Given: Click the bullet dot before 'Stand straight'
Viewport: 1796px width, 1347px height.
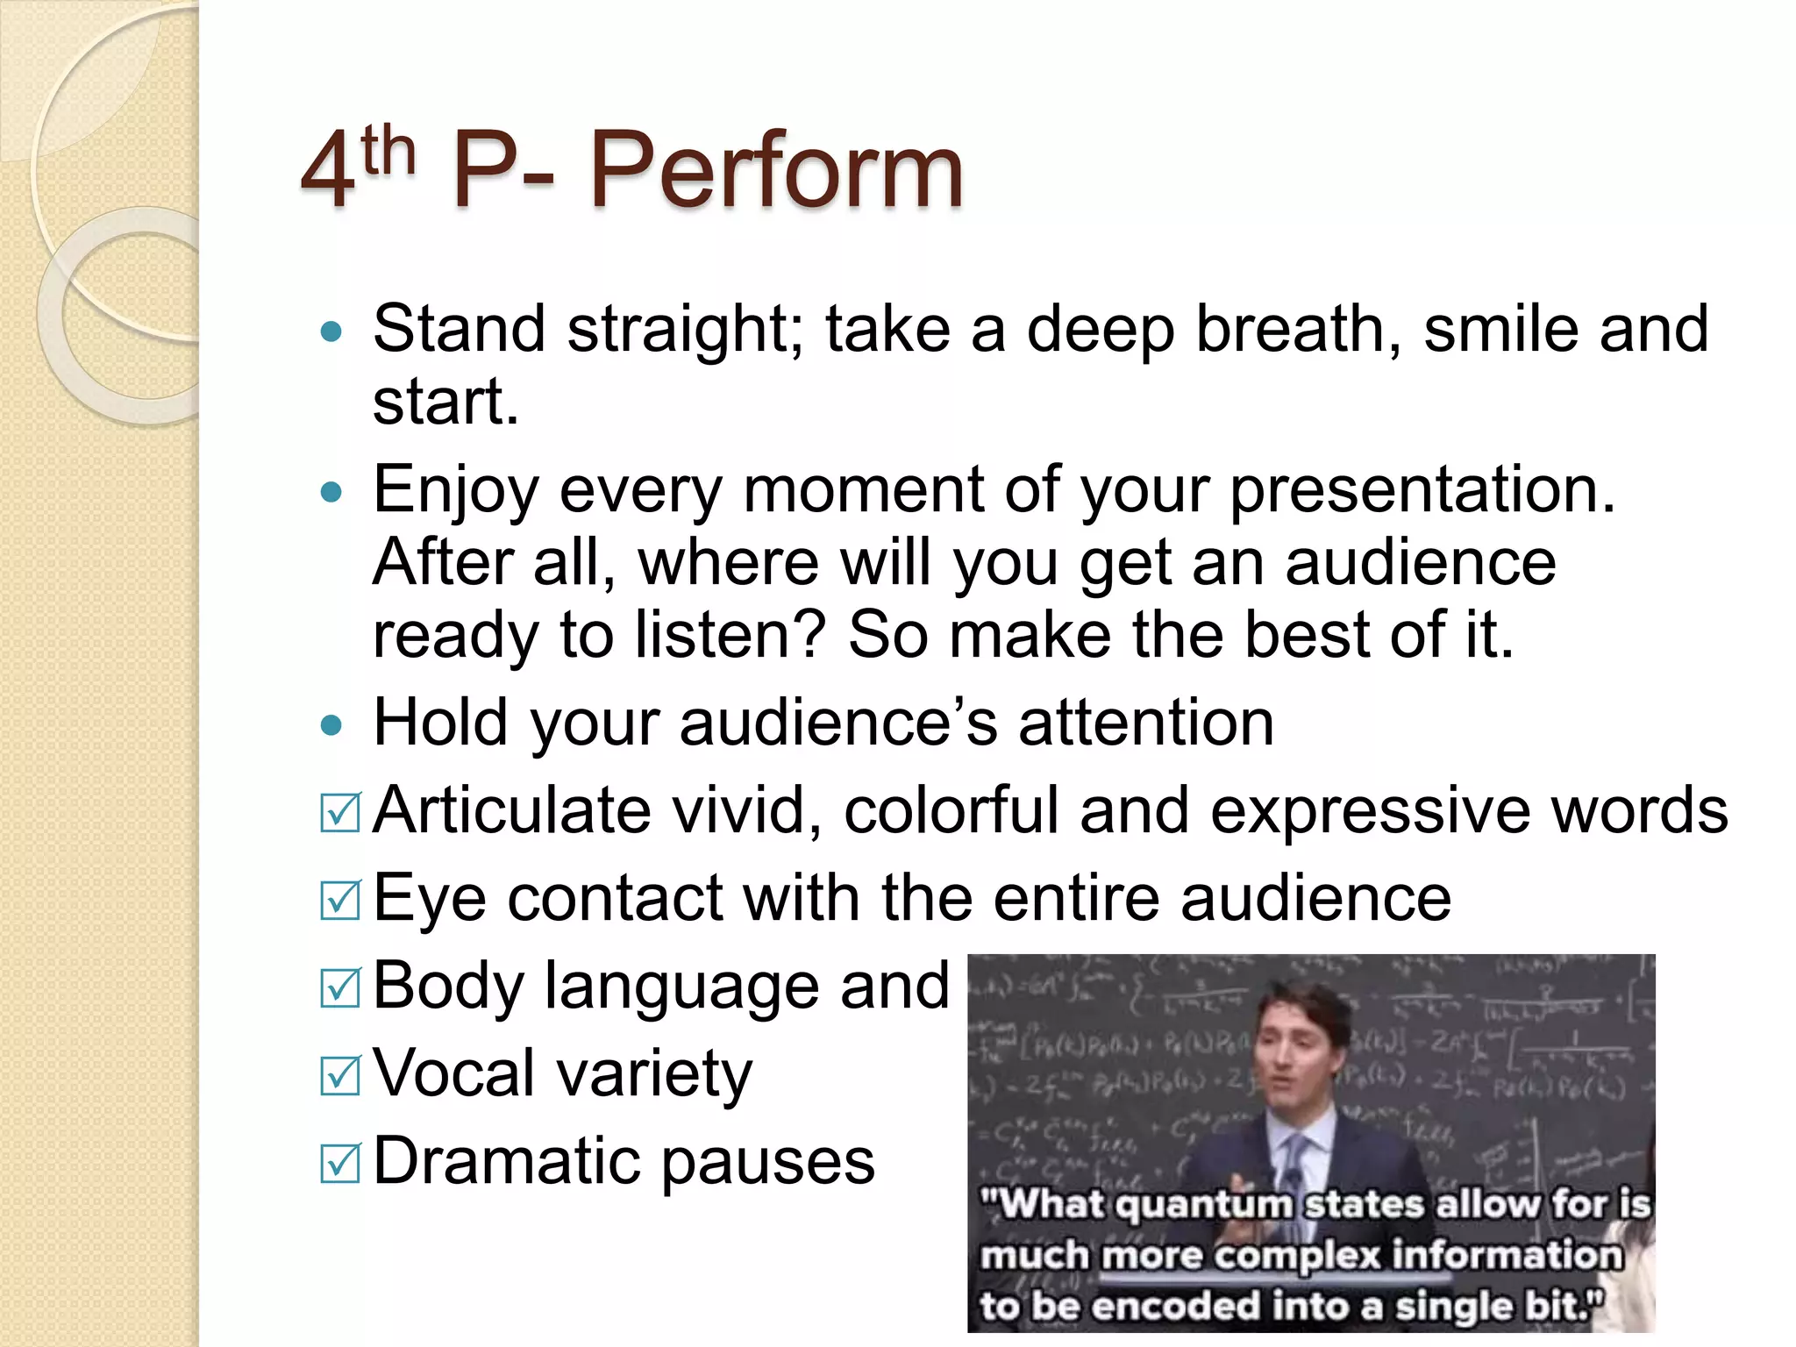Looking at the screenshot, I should point(331,332).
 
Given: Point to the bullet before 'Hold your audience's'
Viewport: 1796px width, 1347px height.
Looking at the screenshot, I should point(331,725).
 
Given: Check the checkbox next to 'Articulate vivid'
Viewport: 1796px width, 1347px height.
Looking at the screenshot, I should point(340,812).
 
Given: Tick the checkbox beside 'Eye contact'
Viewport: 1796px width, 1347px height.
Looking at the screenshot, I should point(340,900).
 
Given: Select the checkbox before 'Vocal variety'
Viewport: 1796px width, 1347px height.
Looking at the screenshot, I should point(340,1075).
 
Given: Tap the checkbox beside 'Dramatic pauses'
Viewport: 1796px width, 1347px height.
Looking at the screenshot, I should point(340,1163).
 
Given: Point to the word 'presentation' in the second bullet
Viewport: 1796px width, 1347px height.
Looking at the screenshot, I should point(1422,490).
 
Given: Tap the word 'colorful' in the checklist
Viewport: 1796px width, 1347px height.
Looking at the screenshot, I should point(951,810).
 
